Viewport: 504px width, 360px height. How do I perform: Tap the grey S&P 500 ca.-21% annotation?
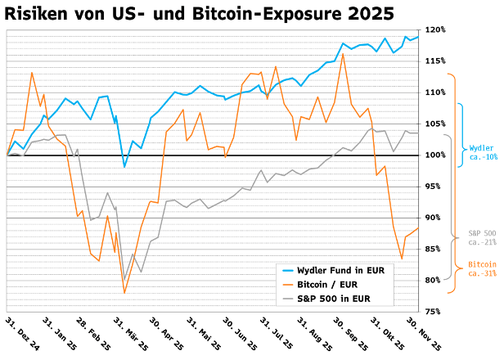481,238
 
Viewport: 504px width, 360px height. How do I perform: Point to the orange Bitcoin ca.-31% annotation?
481,269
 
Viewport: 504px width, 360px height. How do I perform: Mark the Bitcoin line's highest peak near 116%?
343,54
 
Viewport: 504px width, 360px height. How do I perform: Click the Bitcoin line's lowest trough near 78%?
124,293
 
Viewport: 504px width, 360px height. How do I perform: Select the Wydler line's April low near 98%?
124,167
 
